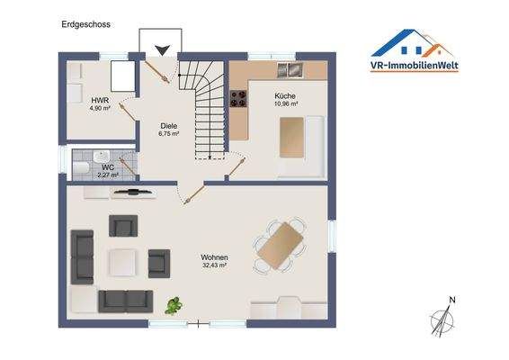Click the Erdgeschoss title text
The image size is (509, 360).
tap(86, 24)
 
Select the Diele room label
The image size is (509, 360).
tap(169, 126)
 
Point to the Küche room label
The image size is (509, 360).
tap(285, 95)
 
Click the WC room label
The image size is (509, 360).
tap(108, 166)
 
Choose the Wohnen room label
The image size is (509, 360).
tap(214, 257)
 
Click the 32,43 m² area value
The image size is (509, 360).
tap(214, 266)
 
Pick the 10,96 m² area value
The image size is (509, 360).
tap(285, 103)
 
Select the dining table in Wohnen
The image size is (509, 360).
tap(280, 245)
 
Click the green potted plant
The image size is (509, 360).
tap(171, 306)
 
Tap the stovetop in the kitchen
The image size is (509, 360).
tap(238, 101)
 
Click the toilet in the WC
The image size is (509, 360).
tap(81, 167)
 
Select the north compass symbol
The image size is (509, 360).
tap(442, 319)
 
